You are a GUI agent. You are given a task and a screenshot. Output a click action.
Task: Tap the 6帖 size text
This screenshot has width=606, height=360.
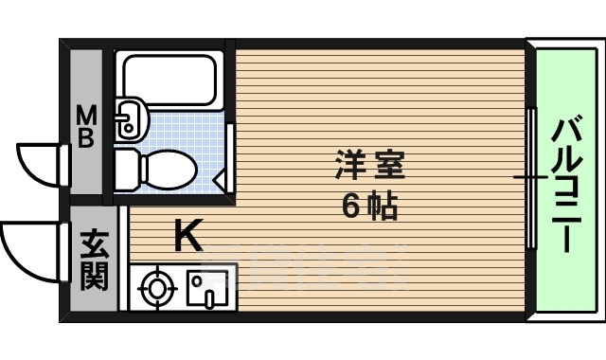(368, 206)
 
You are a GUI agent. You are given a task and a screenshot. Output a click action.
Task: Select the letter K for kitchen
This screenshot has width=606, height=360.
(187, 236)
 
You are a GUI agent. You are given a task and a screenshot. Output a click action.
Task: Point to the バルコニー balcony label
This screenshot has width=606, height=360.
(565, 184)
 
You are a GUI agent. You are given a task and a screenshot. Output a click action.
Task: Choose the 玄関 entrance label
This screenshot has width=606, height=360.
(93, 262)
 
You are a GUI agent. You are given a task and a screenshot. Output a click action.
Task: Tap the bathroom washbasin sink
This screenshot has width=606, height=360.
(130, 119)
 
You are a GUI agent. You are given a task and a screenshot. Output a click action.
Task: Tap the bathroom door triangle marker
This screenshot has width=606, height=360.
(220, 178)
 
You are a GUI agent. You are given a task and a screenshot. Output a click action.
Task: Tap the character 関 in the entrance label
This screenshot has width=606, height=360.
(93, 279)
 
